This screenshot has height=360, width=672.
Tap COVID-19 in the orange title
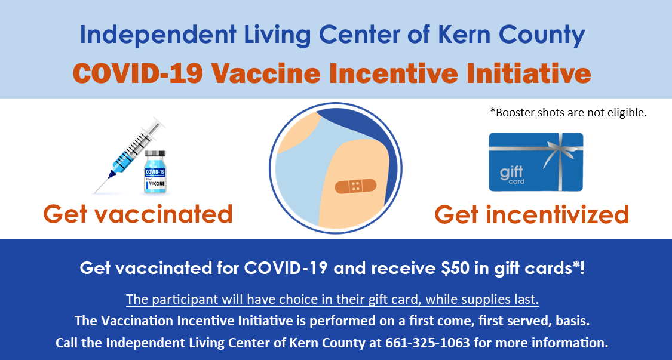coord(137,73)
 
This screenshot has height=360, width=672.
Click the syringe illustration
coord(128,155)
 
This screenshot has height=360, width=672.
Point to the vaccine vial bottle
coord(155,172)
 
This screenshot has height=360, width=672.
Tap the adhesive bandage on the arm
coord(355,186)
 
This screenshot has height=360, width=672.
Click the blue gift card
coord(536,162)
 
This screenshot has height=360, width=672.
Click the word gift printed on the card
coord(511,173)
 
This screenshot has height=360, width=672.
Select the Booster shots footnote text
coord(568,113)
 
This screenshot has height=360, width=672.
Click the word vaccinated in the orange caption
coord(169,214)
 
